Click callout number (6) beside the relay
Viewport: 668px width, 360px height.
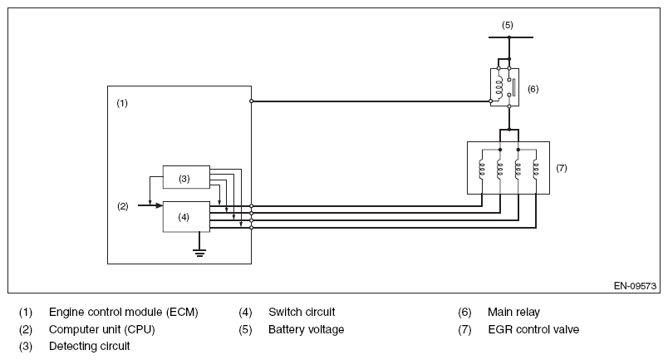tap(533, 87)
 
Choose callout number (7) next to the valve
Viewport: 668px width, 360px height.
tap(562, 167)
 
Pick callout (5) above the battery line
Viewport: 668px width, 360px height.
tap(508, 24)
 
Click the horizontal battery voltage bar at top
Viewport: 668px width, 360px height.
tap(508, 37)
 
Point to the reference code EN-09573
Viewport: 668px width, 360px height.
tap(634, 285)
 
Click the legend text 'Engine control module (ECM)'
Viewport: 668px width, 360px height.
tap(124, 313)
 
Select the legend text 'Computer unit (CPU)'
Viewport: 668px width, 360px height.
tap(102, 329)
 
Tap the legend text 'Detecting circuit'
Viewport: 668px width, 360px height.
tap(90, 346)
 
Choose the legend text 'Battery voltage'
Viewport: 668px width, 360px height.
tap(306, 329)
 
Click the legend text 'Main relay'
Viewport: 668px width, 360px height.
tap(513, 313)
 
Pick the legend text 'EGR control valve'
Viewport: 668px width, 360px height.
tap(533, 329)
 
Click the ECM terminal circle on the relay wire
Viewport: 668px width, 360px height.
tap(251, 101)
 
